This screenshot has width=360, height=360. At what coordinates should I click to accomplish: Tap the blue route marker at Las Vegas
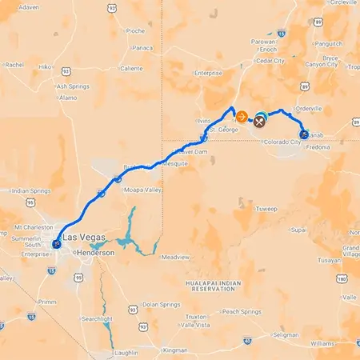pos(56,244)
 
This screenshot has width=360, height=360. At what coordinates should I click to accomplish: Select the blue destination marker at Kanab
pos(304,134)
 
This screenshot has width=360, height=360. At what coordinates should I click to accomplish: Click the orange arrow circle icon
pos(241,116)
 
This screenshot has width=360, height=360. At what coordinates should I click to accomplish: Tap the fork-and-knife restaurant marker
pos(260,122)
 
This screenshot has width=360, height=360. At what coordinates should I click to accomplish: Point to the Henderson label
pos(94,252)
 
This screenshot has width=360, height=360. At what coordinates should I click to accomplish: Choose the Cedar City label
pos(270,60)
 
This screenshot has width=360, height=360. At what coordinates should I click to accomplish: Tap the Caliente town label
pos(131,69)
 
